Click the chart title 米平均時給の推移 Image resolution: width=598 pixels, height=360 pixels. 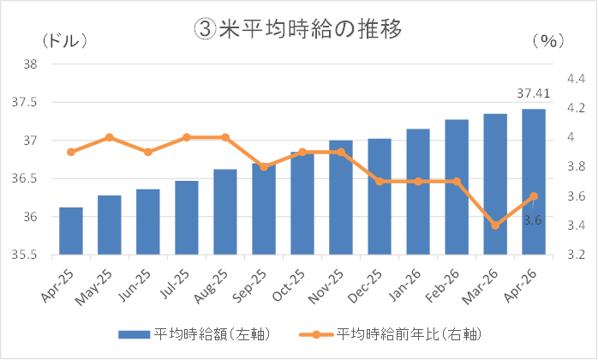(x=298, y=29)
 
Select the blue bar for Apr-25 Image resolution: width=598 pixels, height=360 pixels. (x=71, y=231)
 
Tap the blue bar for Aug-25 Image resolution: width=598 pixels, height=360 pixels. (x=225, y=212)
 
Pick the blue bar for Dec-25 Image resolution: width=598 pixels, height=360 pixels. (x=380, y=196)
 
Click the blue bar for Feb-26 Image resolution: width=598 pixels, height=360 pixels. (x=457, y=187)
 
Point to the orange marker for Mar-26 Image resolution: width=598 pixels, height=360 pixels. (x=495, y=225)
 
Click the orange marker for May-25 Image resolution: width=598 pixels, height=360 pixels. (x=110, y=137)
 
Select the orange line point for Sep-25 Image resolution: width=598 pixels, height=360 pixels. (x=264, y=167)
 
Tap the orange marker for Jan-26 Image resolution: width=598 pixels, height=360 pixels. (x=418, y=182)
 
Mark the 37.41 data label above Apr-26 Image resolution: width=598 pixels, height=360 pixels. (x=534, y=93)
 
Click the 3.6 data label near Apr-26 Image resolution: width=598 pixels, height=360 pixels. (x=532, y=220)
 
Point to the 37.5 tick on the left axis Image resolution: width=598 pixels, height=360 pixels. (x=24, y=102)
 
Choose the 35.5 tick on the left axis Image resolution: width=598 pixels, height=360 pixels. (x=24, y=255)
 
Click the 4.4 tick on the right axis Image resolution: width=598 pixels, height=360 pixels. (x=577, y=79)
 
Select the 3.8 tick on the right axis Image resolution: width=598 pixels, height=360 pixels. (x=577, y=167)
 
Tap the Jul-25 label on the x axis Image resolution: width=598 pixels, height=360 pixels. (x=175, y=284)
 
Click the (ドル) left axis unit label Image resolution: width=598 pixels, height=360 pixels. (x=65, y=40)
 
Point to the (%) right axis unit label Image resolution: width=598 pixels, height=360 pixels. (x=548, y=41)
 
